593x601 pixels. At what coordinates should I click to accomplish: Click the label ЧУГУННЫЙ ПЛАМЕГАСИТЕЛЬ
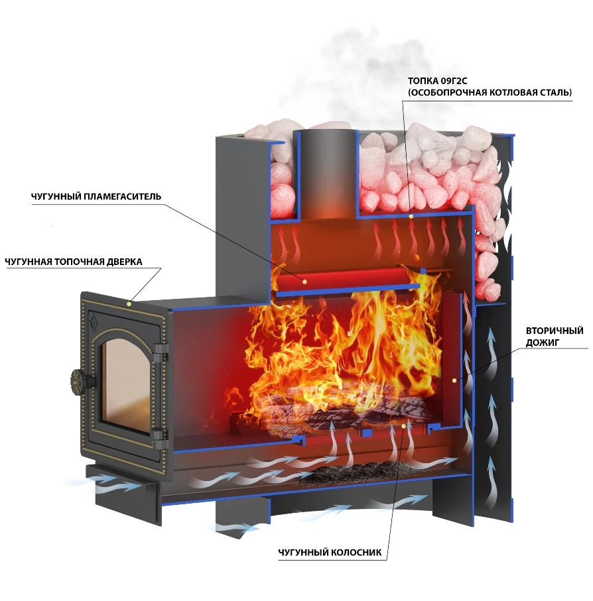click(96, 197)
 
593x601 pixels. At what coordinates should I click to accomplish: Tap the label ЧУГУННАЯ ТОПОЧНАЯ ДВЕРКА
click(73, 262)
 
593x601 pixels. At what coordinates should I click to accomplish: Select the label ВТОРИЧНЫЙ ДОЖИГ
click(555, 336)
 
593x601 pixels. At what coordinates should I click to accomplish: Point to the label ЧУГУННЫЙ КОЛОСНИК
click(330, 553)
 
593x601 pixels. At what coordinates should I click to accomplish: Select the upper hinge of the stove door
click(161, 353)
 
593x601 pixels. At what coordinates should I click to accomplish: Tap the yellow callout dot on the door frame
click(129, 303)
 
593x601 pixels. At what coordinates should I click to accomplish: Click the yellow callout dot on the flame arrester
click(304, 282)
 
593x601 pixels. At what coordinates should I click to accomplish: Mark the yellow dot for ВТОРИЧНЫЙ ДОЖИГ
click(454, 380)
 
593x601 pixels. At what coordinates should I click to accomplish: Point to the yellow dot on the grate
click(403, 425)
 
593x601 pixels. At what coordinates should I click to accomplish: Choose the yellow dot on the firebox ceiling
click(411, 217)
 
